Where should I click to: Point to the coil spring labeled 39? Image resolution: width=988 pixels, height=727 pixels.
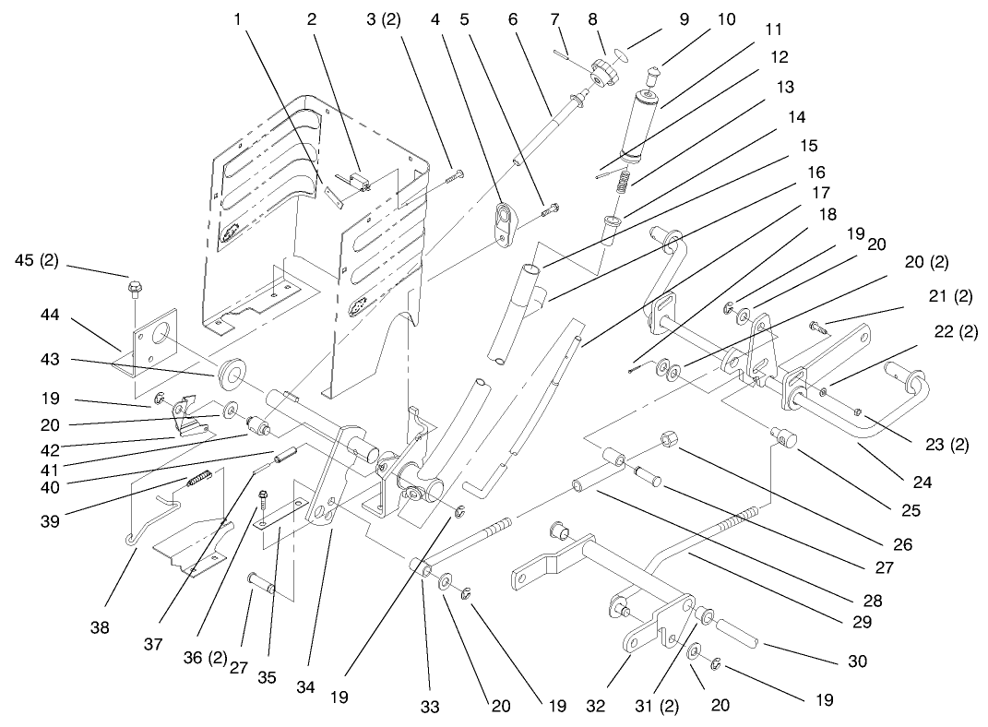200,479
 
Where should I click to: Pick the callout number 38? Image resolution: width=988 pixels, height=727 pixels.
100,627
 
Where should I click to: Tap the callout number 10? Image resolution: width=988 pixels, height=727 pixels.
726,19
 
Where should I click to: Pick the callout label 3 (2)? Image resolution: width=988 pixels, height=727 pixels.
384,19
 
